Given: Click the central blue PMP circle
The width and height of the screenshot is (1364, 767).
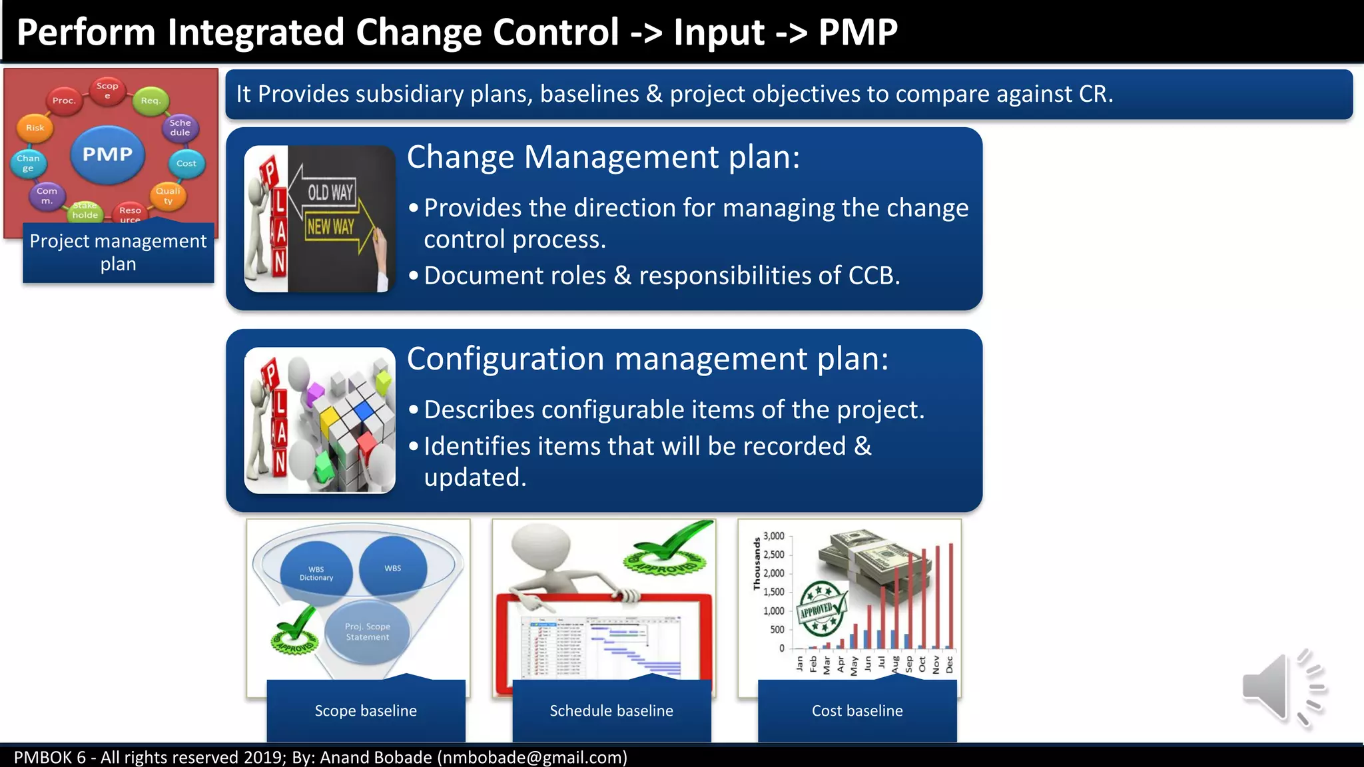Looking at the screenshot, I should (107, 154).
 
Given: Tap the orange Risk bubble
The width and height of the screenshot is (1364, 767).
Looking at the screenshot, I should (35, 128).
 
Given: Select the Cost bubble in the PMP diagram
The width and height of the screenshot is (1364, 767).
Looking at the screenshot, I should (186, 163).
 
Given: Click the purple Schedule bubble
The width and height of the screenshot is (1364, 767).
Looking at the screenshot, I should (180, 127).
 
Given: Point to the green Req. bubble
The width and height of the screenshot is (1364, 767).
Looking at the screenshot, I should (151, 101).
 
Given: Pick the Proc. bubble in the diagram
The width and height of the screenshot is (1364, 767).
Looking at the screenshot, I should (64, 101).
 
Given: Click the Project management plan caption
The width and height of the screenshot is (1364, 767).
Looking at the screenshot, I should (119, 252).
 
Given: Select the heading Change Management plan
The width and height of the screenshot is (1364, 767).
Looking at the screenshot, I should (603, 158).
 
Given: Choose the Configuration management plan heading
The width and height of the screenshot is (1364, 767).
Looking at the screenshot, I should (647, 360).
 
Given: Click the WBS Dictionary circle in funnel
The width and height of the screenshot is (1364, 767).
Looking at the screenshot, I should (316, 573).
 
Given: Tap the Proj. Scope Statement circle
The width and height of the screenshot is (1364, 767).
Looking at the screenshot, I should (368, 632).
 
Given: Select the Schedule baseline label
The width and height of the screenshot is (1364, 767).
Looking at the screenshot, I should (611, 710).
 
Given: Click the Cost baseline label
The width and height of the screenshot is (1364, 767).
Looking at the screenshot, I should (857, 710).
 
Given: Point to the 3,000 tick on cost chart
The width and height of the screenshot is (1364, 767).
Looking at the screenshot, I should (773, 536).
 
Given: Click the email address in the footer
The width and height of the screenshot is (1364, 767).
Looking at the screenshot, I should (532, 758).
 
